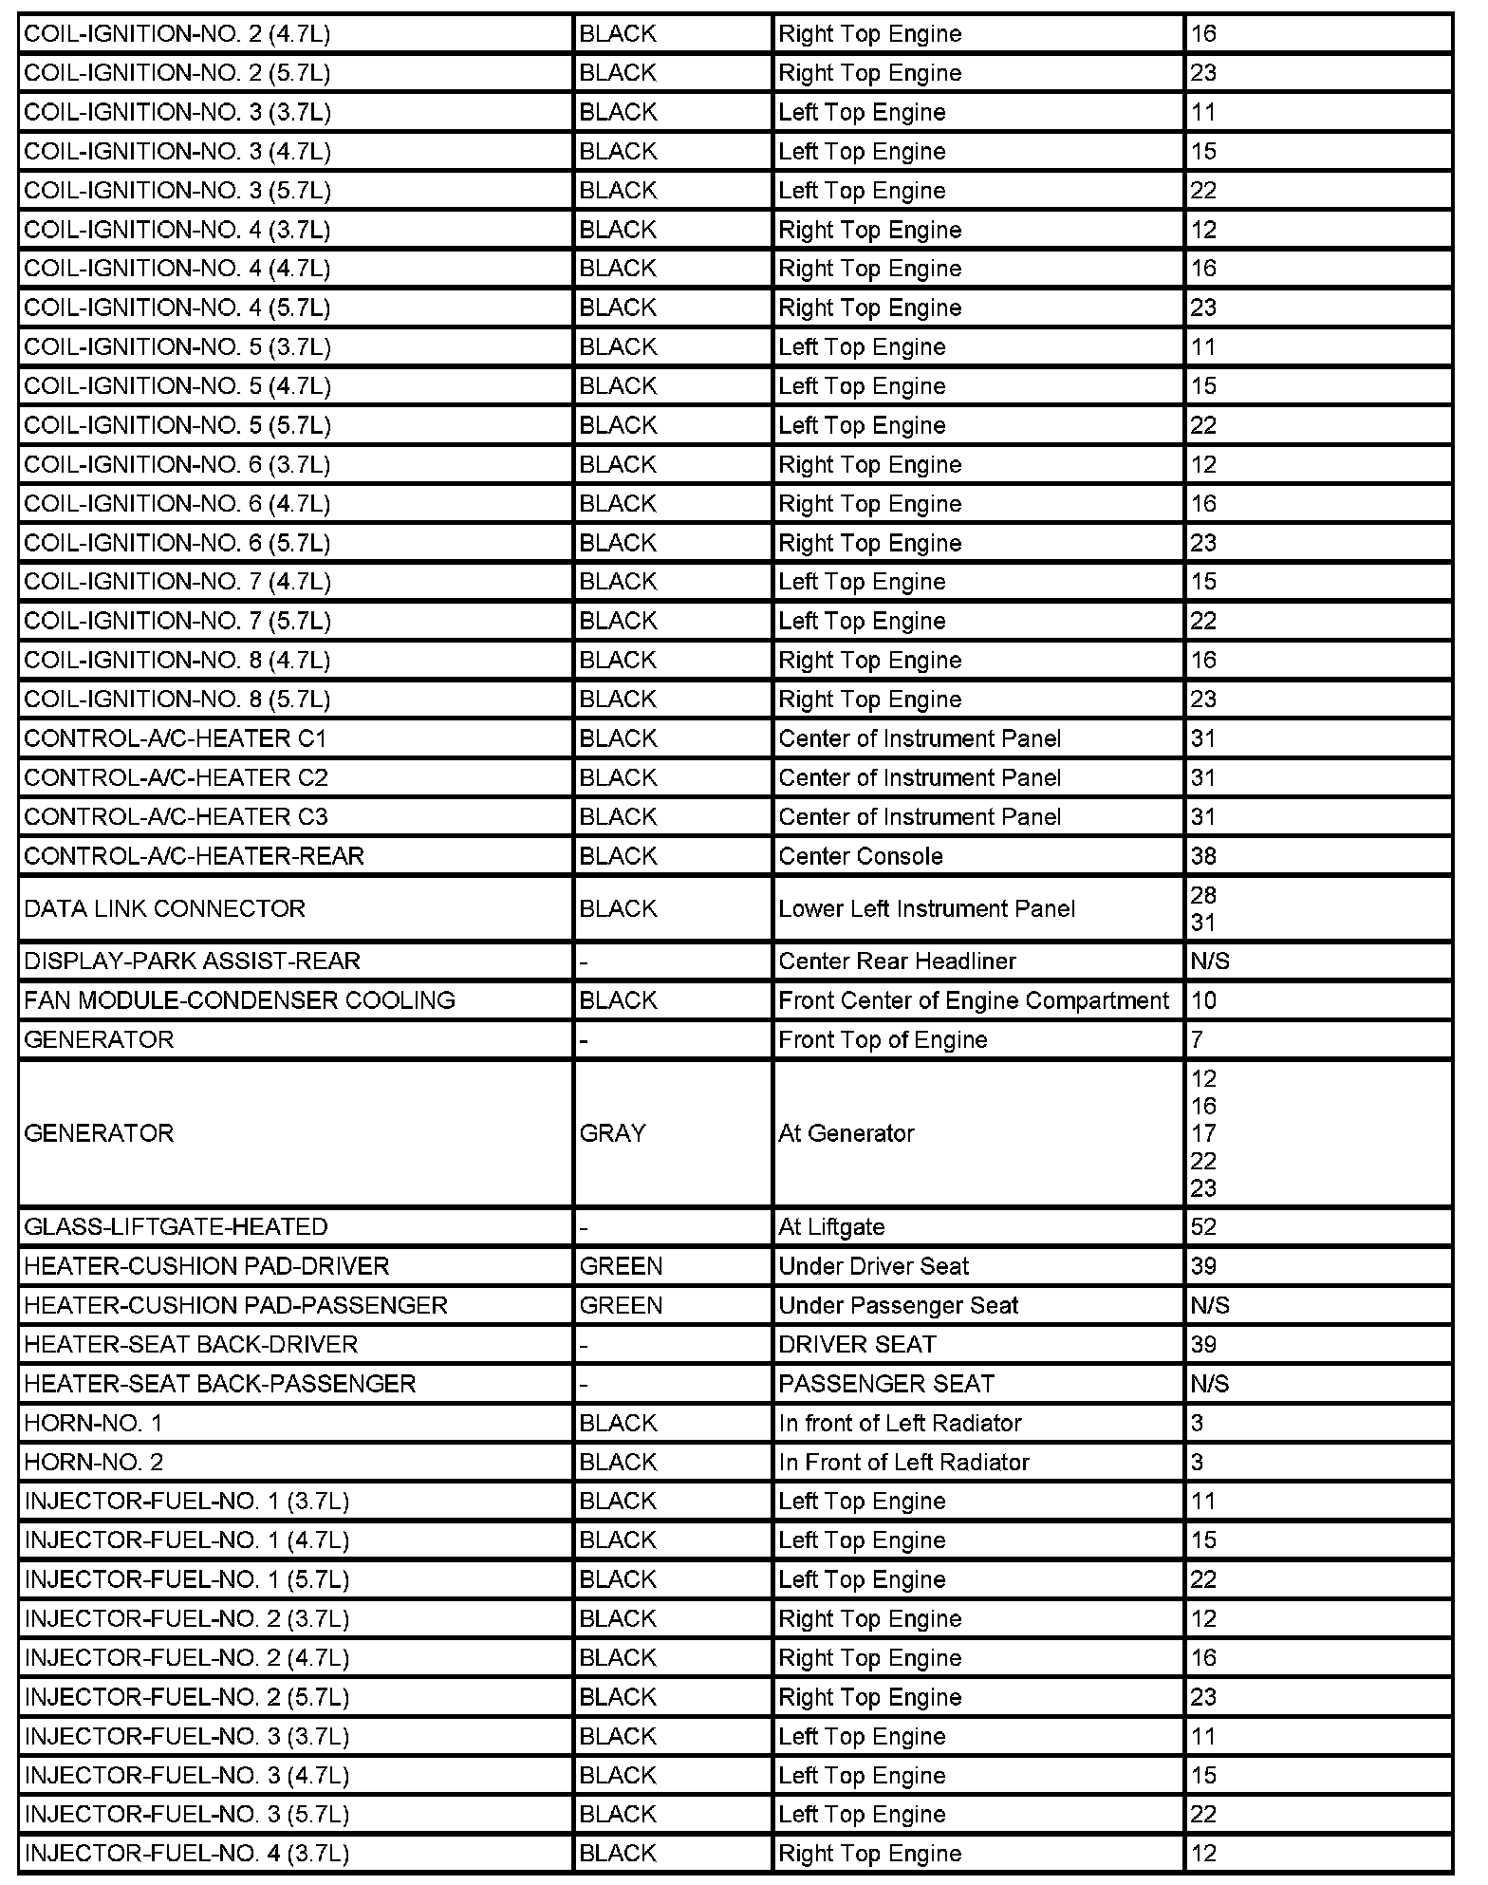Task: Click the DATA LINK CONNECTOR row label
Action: pos(165,908)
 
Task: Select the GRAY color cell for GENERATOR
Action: pos(613,1133)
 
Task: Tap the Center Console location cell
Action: pos(861,856)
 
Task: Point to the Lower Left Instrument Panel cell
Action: pos(927,908)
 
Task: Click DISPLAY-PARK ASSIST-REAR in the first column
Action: pos(193,961)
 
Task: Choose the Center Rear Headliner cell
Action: pos(897,961)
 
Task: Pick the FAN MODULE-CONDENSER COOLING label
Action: pos(240,1000)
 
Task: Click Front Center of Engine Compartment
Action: pos(974,1000)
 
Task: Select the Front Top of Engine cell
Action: pos(883,1040)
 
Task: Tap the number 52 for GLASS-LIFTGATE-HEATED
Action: pos(1203,1227)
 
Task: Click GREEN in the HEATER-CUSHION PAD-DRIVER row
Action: pos(621,1266)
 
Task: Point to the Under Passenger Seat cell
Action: pos(898,1306)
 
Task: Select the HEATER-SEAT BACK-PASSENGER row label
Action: pos(220,1384)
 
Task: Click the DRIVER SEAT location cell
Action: pos(857,1345)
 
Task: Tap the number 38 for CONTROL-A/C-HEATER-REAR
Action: pos(1203,856)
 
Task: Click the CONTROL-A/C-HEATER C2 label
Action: pos(177,778)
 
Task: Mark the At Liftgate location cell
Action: pos(831,1227)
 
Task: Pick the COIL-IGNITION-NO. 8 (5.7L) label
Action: pos(177,700)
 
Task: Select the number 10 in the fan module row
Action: pos(1203,1000)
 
